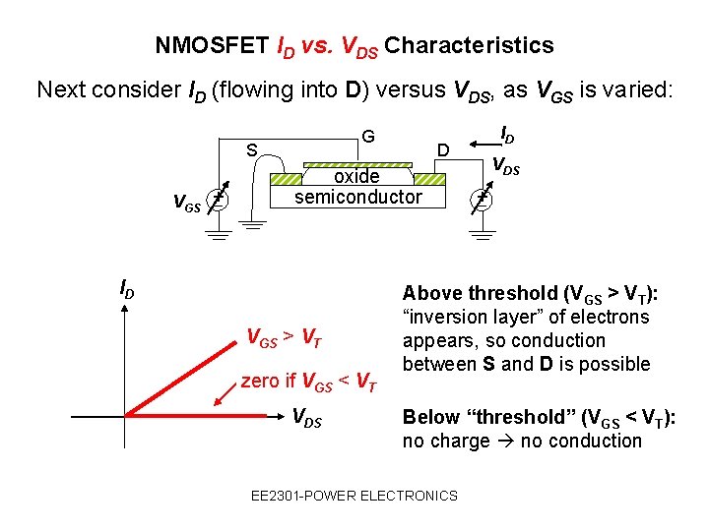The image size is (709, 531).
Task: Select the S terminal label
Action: [252, 150]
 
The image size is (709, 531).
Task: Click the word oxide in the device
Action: [356, 176]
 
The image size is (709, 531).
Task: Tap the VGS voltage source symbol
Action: [222, 200]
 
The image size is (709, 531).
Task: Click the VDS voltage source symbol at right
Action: [482, 200]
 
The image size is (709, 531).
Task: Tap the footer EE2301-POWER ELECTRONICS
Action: [354, 496]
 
